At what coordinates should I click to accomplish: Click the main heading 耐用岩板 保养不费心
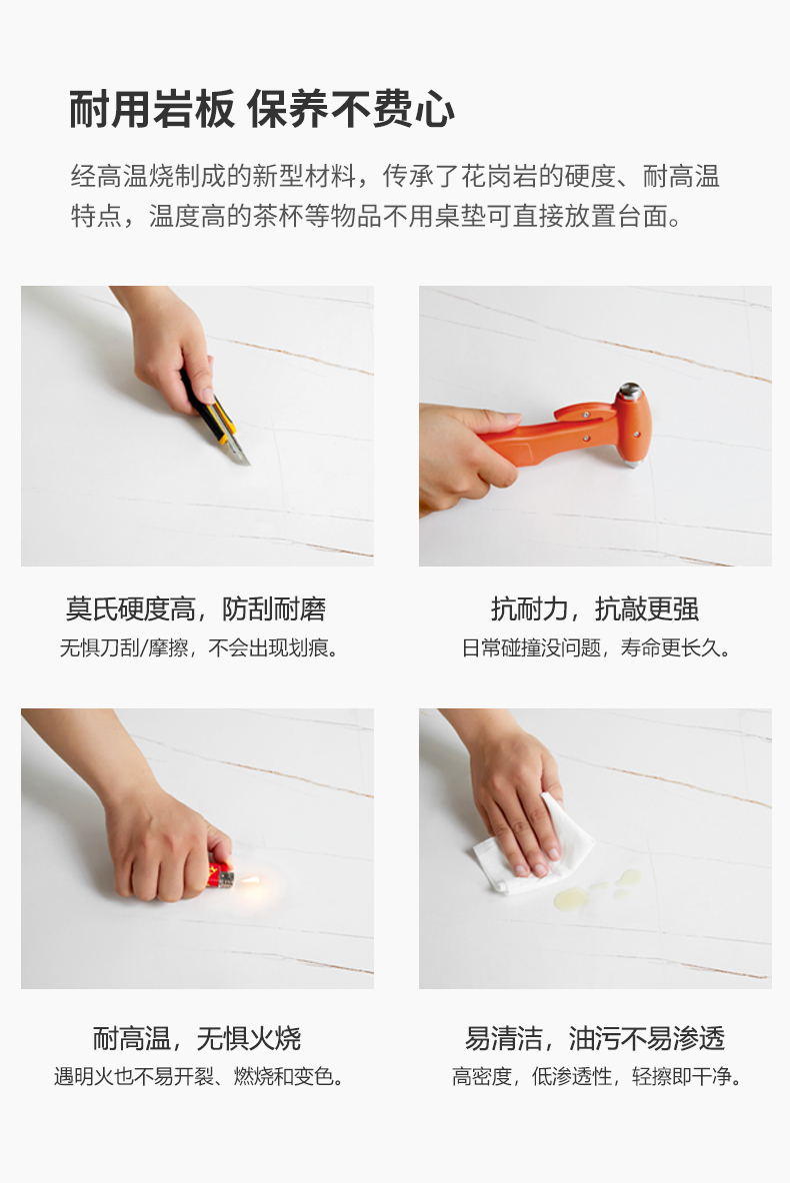coord(262,109)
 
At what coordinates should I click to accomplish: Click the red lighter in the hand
coord(221,875)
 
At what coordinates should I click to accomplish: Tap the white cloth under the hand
coord(534,848)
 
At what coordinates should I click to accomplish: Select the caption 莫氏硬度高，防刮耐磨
coord(196,608)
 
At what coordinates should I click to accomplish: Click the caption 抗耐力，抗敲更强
coord(594,608)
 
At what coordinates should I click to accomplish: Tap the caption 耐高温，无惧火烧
coord(196,1038)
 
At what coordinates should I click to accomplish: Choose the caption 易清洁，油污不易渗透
coord(594,1038)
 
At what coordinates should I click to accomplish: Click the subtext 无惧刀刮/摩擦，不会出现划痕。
coord(199,647)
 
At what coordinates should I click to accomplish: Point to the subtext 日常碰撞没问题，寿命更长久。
coord(596,647)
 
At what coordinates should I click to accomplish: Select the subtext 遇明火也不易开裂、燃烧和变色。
coord(199,1077)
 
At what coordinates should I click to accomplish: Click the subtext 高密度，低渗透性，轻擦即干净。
coord(597,1077)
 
